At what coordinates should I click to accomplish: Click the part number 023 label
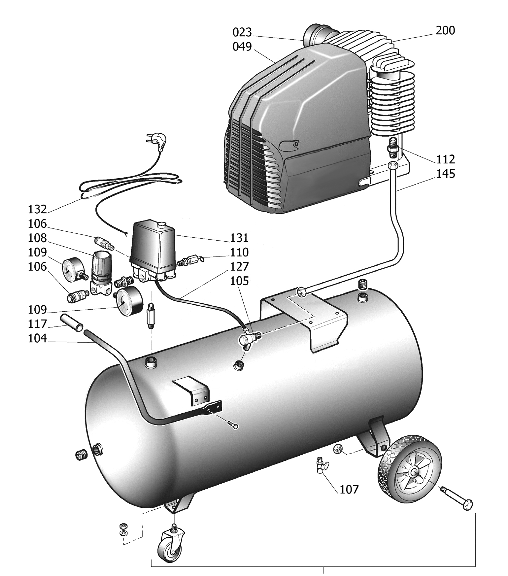point(242,32)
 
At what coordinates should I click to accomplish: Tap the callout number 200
point(445,30)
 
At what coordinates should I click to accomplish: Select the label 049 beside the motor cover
point(242,47)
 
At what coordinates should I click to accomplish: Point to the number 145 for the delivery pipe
point(446,174)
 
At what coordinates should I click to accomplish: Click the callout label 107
point(349,489)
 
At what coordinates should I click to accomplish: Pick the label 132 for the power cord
point(37,209)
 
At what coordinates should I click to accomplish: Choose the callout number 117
point(37,324)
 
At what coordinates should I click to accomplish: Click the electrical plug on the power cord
point(158,141)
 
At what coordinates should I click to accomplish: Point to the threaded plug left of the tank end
point(81,455)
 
